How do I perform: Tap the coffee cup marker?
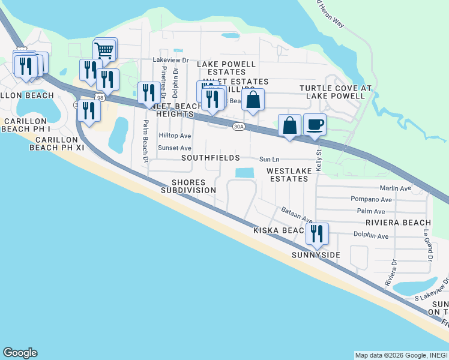(315, 125)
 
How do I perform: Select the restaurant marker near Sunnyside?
(316, 233)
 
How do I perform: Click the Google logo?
(20, 353)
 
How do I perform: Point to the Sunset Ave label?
(174, 148)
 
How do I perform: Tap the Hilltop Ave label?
(174, 136)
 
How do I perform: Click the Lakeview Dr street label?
(170, 60)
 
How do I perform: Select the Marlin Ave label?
(396, 188)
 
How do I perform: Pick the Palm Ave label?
(370, 211)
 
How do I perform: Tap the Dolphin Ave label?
(371, 236)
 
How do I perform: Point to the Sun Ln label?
(270, 160)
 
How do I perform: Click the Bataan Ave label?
(297, 214)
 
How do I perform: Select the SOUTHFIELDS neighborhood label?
(212, 158)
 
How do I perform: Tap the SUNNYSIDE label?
(316, 255)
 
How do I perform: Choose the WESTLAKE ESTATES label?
(290, 175)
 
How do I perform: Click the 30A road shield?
(238, 126)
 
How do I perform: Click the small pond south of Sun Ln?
(244, 173)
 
